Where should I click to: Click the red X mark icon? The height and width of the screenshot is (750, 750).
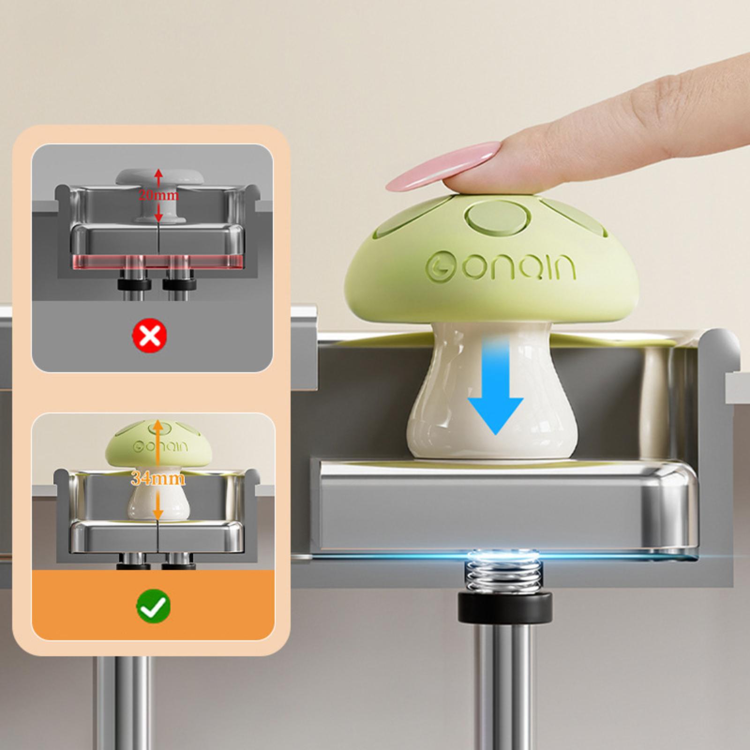click(150, 335)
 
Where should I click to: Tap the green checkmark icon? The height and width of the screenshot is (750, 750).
click(153, 606)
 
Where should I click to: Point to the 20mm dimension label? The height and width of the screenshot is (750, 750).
click(158, 195)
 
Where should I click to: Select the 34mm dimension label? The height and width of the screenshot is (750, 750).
click(158, 478)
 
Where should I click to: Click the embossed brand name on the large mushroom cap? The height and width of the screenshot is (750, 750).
click(500, 266)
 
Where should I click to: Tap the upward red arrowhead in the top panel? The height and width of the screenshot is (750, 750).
click(158, 173)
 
